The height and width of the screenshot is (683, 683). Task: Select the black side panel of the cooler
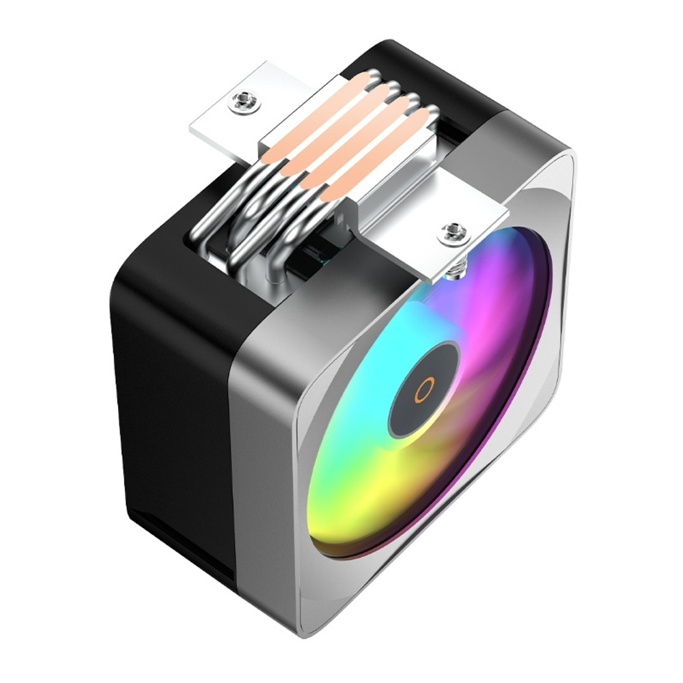click(171, 410)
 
